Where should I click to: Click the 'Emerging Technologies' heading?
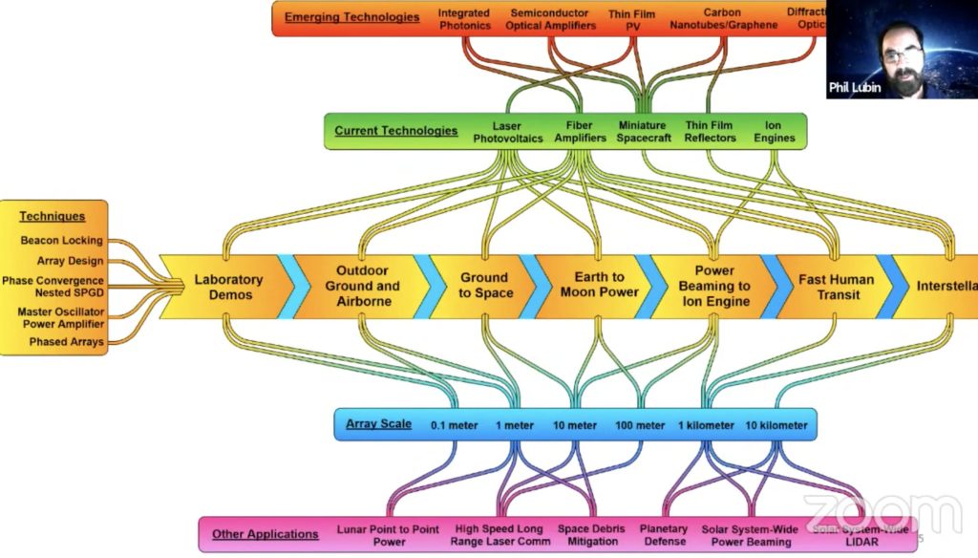tap(351, 17)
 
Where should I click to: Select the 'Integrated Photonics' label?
tap(464, 19)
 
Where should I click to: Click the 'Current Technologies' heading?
tap(395, 131)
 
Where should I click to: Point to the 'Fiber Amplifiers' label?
tap(579, 132)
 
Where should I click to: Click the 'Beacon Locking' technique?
tap(62, 241)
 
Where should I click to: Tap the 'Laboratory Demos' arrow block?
tap(228, 286)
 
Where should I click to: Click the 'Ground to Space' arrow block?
tap(484, 286)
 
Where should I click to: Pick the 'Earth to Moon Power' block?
tap(599, 285)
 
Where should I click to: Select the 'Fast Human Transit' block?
tap(836, 286)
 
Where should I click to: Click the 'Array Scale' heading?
tap(377, 424)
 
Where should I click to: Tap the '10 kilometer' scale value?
tap(776, 425)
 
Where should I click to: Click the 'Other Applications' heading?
tap(265, 534)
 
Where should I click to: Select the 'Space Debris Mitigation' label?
tap(587, 535)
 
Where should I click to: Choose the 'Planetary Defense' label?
tap(664, 535)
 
